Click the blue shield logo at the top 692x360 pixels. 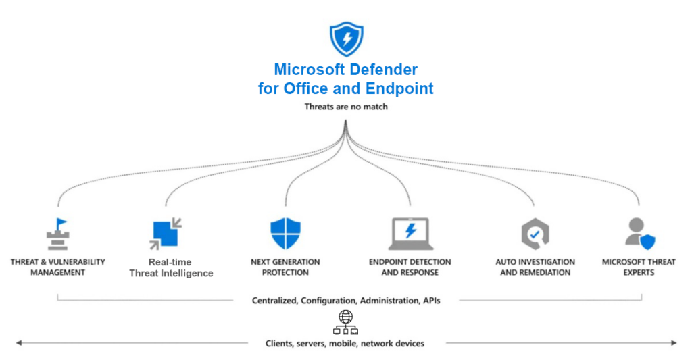[x=346, y=38]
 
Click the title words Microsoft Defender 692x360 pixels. [x=346, y=70]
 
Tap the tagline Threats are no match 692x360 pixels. [x=346, y=107]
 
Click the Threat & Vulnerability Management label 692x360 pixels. [x=57, y=267]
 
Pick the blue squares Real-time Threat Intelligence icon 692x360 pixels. [x=164, y=234]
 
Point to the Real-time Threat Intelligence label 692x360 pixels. [x=170, y=267]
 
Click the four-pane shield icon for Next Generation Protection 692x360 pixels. [x=285, y=234]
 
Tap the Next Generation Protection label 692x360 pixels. [x=285, y=267]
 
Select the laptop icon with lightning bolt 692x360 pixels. [x=410, y=234]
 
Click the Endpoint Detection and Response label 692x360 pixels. [x=410, y=267]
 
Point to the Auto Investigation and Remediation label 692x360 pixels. [x=535, y=267]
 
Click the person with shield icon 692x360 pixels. [x=639, y=234]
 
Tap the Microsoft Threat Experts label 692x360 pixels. [x=639, y=267]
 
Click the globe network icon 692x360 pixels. [x=345, y=323]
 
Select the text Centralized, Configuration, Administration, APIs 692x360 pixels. [x=346, y=300]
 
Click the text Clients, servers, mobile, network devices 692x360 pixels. [x=345, y=344]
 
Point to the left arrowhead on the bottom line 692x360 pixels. [x=19, y=343]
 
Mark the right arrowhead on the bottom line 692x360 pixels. [x=673, y=343]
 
